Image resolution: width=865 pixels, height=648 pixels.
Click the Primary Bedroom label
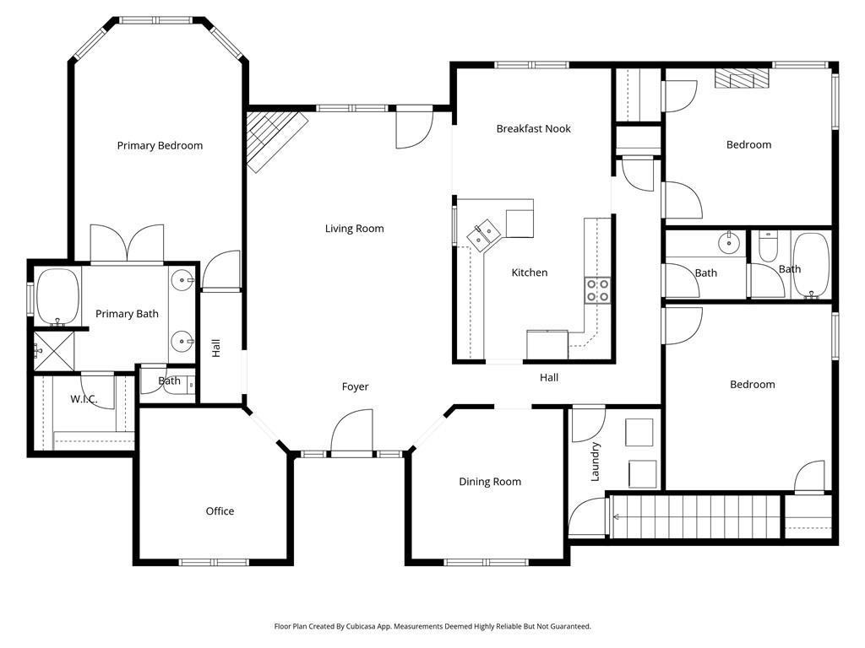click(x=160, y=145)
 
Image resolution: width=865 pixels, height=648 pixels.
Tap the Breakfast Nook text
click(x=534, y=128)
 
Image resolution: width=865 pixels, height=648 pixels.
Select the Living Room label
click(x=354, y=229)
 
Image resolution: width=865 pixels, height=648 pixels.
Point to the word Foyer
click(x=355, y=386)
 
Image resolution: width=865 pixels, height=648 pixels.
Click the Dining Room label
click(x=490, y=482)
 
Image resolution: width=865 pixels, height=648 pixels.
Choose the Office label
click(x=220, y=511)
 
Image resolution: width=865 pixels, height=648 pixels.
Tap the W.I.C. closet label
click(x=84, y=399)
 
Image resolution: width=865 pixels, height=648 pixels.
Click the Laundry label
click(x=595, y=462)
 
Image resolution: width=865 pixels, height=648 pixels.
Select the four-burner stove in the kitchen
click(x=597, y=290)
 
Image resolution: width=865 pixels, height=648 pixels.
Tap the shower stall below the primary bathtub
click(x=53, y=350)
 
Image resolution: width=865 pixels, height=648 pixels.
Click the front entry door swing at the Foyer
click(x=351, y=433)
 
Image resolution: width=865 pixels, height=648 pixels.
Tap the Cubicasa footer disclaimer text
click(x=432, y=627)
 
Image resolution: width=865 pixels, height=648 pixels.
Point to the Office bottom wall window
click(x=214, y=563)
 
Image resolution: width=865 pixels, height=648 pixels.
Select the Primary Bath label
click(x=127, y=314)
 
